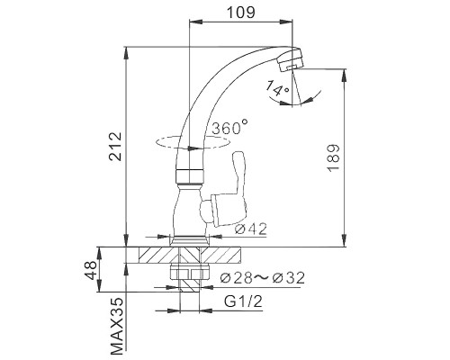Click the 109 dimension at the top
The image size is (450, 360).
point(241,12)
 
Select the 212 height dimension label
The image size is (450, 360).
point(115,147)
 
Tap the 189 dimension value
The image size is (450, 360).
point(334,158)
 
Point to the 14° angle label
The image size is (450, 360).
point(278,88)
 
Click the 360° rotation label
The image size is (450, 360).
point(230,127)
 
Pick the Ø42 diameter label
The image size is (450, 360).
point(251,229)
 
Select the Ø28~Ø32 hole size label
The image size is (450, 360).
point(263,278)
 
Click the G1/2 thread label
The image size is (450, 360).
point(243,301)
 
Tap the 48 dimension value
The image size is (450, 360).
point(90,269)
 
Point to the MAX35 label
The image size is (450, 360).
point(117,326)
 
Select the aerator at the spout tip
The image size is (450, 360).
point(290,60)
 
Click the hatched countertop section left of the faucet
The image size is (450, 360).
point(158,256)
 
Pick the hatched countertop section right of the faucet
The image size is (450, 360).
point(220,256)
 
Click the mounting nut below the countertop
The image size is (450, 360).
point(190,272)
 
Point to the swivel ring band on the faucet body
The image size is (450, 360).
point(190,177)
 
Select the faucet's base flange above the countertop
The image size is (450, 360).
point(190,241)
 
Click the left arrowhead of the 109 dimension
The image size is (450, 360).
point(195,21)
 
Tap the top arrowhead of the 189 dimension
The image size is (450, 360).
point(344,76)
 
